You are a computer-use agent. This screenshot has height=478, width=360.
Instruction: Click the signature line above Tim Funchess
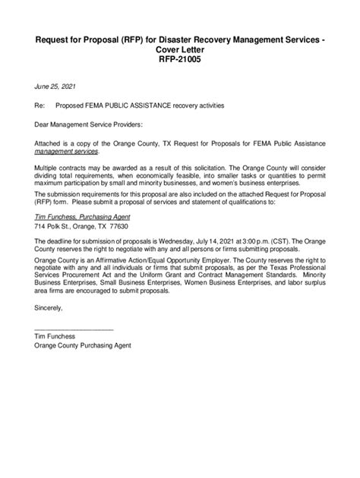coord(74,329)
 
